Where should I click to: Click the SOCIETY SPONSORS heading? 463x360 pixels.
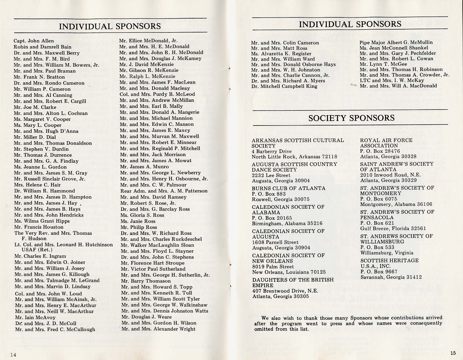(x=351, y=118)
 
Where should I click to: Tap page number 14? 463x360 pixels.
(x=13, y=355)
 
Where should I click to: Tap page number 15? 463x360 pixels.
(x=453, y=353)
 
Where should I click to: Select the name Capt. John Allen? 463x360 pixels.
(x=34, y=41)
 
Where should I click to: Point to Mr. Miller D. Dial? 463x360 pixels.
(x=35, y=137)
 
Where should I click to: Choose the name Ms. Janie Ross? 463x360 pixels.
(x=138, y=221)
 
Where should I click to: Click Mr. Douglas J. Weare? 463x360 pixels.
(x=146, y=317)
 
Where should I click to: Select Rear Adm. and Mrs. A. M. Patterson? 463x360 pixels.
(x=164, y=191)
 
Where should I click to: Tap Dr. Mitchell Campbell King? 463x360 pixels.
(x=284, y=86)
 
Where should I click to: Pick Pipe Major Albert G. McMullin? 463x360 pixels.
(x=396, y=42)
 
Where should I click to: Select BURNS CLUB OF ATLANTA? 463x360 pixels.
(x=289, y=188)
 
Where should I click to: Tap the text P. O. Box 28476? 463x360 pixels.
(x=380, y=151)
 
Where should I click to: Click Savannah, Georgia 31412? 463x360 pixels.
(x=391, y=277)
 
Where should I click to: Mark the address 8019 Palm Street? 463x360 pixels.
(x=273, y=267)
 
